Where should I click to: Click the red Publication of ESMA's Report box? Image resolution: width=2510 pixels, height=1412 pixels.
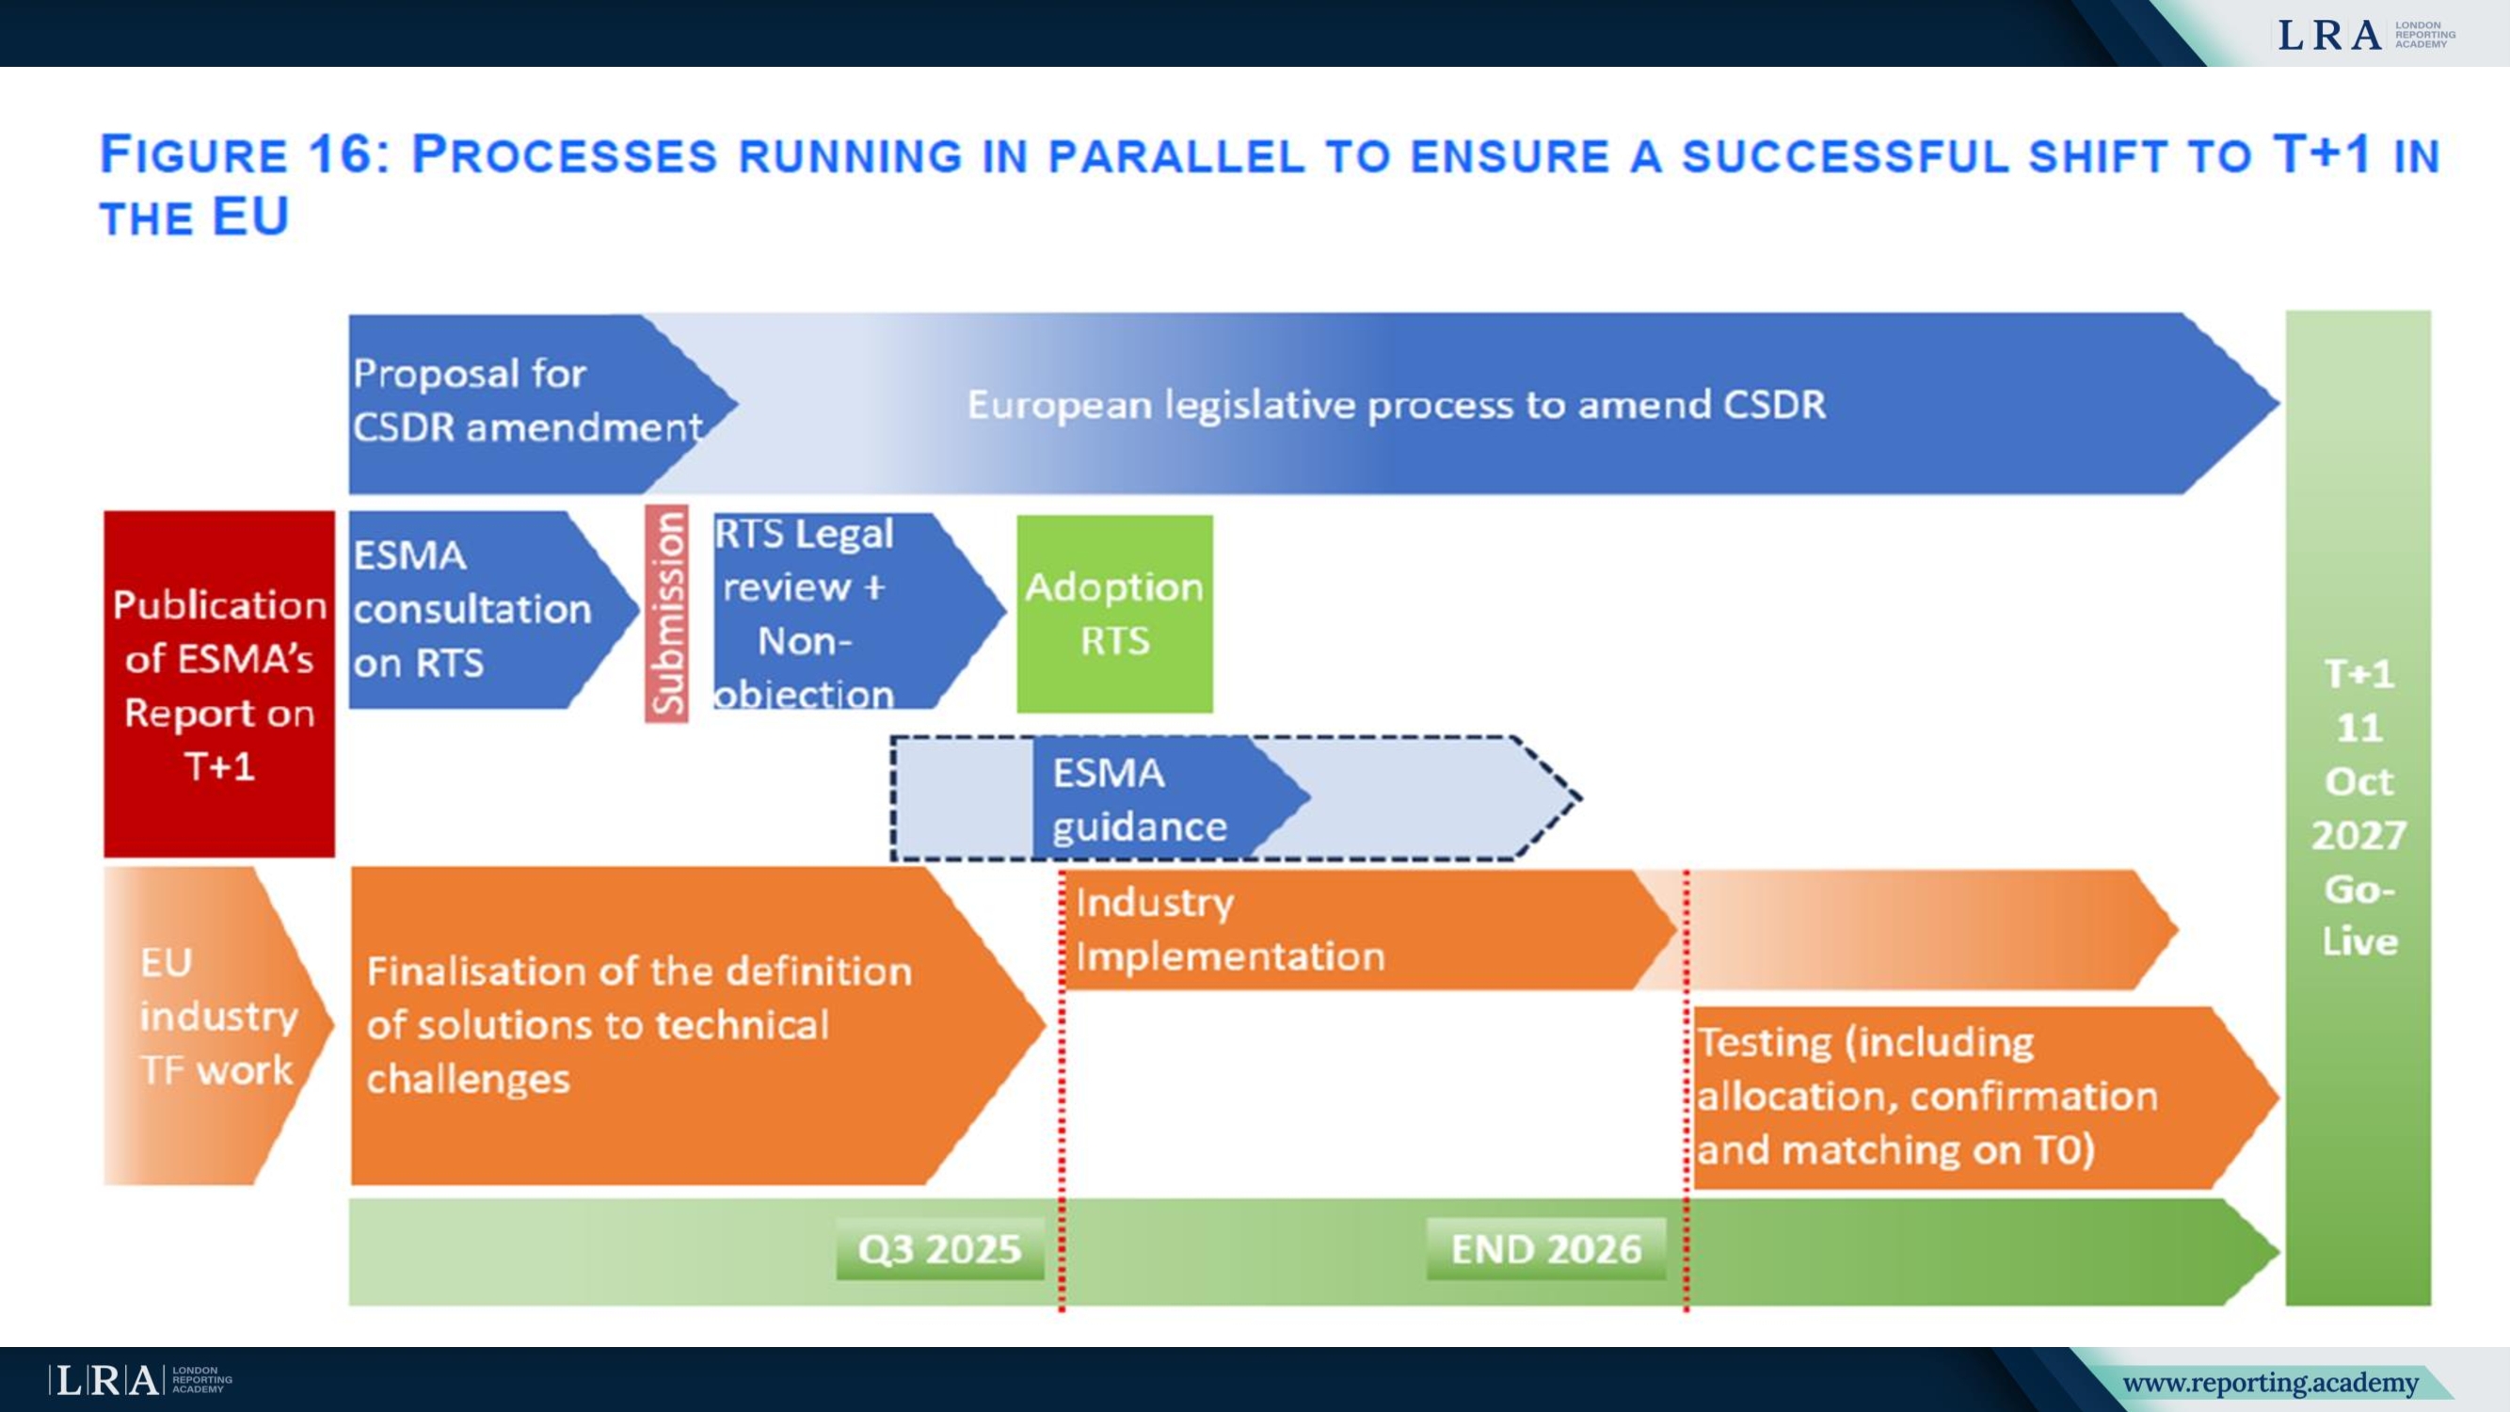(x=219, y=684)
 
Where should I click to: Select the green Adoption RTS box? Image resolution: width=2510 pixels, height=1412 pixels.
(x=1114, y=614)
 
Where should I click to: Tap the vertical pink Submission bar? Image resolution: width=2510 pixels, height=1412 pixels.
(x=666, y=614)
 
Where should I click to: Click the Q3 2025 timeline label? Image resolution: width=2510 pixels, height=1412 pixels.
(x=939, y=1249)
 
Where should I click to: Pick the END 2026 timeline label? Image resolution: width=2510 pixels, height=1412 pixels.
(x=1546, y=1249)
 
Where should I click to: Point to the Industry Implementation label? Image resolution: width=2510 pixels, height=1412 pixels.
(x=1230, y=930)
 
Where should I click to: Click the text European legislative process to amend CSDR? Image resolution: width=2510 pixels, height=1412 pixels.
(x=1396, y=405)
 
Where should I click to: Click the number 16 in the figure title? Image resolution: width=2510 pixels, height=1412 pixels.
(x=341, y=155)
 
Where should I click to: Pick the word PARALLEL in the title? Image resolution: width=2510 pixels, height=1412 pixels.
(x=1176, y=157)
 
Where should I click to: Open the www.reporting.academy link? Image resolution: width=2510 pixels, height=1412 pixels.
(x=2270, y=1383)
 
